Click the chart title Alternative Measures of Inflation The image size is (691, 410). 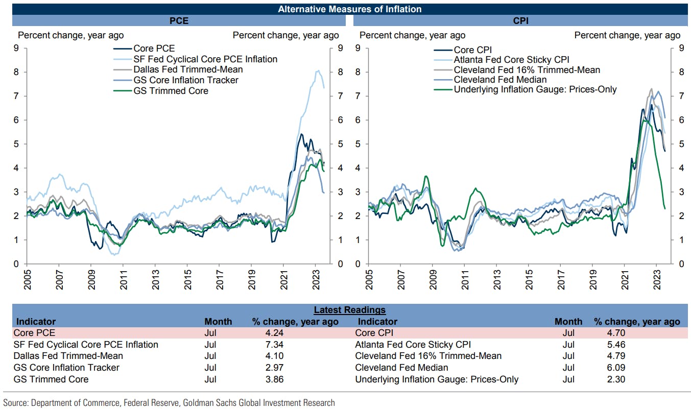click(x=349, y=9)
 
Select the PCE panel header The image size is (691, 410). click(x=179, y=21)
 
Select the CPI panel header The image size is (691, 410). click(x=520, y=21)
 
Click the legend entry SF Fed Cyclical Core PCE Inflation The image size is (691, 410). click(x=205, y=59)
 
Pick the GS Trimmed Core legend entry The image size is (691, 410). click(x=171, y=91)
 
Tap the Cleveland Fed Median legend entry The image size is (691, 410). click(x=500, y=80)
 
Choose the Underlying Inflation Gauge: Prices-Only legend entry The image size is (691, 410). click(x=535, y=89)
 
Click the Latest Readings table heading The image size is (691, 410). click(x=349, y=310)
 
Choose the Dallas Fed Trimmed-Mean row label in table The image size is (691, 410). click(x=68, y=356)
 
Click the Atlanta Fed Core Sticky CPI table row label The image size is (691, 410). click(x=413, y=345)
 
